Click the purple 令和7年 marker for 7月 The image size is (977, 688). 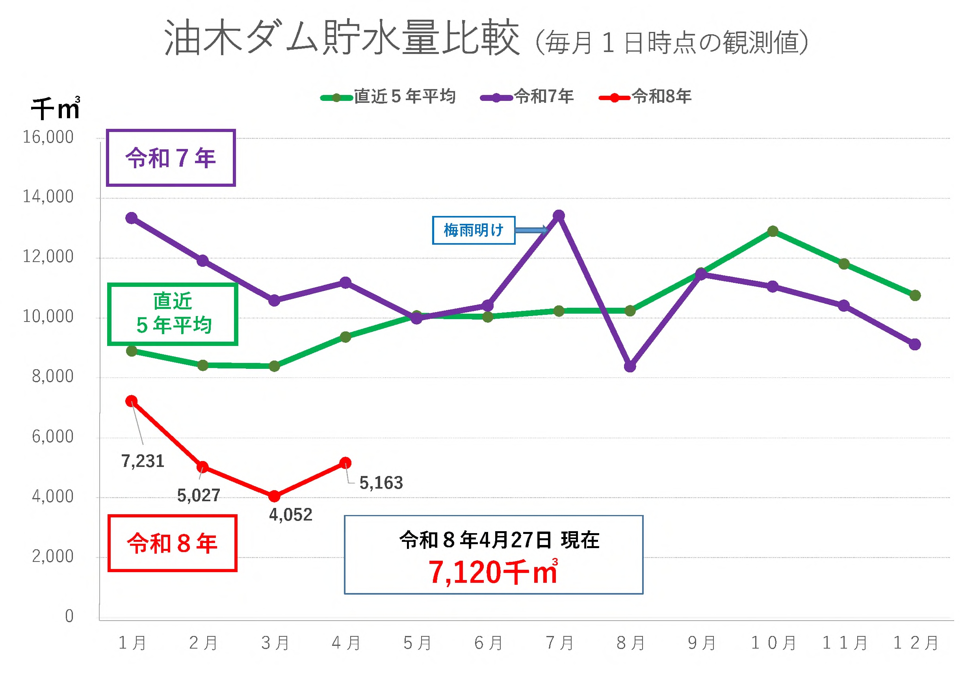pyautogui.click(x=559, y=216)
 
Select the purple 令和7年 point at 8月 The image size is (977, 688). pyautogui.click(x=630, y=366)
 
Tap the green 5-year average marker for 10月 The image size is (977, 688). pyautogui.click(x=773, y=231)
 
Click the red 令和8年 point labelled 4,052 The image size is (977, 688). pyautogui.click(x=275, y=496)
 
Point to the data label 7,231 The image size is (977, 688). pyautogui.click(x=143, y=461)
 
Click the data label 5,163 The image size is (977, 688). pyautogui.click(x=381, y=483)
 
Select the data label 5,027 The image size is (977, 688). pyautogui.click(x=198, y=496)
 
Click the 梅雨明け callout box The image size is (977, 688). pyautogui.click(x=473, y=231)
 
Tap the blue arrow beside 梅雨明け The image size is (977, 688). pyautogui.click(x=531, y=231)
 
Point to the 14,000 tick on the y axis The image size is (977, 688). pyautogui.click(x=48, y=197)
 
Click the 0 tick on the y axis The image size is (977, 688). pyautogui.click(x=69, y=616)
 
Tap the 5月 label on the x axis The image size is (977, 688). pyautogui.click(x=417, y=643)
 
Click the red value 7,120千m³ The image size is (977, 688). pyautogui.click(x=493, y=572)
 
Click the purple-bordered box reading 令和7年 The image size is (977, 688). pyautogui.click(x=171, y=158)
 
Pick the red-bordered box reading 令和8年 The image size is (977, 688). pyautogui.click(x=172, y=543)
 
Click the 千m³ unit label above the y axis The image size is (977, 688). pyautogui.click(x=55, y=108)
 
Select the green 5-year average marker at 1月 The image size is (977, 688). pyautogui.click(x=132, y=351)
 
